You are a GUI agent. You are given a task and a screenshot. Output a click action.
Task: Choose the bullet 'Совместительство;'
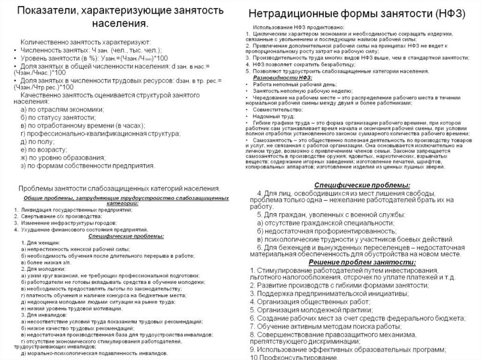(x=278, y=109)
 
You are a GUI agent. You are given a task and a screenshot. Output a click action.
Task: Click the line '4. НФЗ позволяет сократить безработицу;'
(x=301, y=64)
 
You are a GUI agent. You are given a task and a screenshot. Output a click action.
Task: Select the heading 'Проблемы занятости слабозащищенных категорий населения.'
(x=119, y=189)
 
